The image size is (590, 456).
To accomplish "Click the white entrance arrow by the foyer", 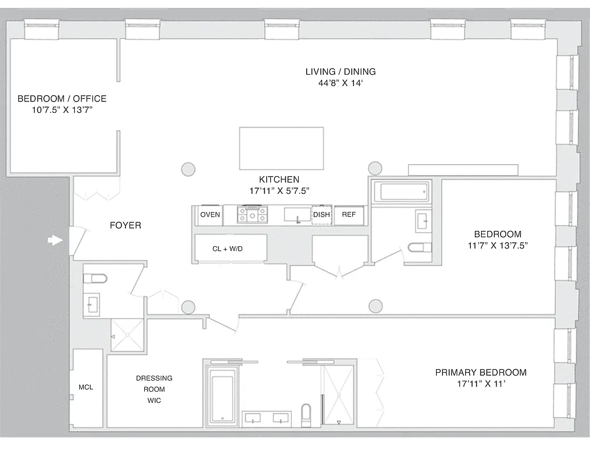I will click(x=55, y=241).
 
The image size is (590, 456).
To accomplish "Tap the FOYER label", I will click(x=125, y=226).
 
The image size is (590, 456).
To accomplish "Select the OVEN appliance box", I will click(x=210, y=215).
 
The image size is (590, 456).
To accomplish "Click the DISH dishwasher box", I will click(x=322, y=215).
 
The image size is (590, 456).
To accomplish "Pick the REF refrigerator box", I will click(x=348, y=215).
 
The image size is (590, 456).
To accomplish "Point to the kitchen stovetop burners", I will click(x=252, y=215).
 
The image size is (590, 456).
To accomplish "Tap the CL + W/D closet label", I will click(x=227, y=249).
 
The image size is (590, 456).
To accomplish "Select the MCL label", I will click(x=86, y=388).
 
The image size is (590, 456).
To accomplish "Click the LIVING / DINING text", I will click(x=340, y=72).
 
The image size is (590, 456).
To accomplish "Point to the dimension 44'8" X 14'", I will click(x=340, y=83).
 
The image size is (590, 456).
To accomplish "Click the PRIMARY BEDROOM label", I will click(x=481, y=373).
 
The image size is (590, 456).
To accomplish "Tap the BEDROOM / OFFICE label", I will click(x=62, y=99).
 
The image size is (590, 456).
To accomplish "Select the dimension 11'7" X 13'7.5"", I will click(x=498, y=246).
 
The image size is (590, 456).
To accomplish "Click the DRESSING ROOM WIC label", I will click(x=154, y=389).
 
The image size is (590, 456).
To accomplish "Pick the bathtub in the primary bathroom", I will click(x=222, y=394).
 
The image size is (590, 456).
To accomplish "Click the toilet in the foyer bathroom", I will click(x=95, y=279).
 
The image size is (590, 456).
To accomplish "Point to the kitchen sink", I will click(x=297, y=215).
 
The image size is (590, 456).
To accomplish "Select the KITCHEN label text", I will click(x=279, y=180).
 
